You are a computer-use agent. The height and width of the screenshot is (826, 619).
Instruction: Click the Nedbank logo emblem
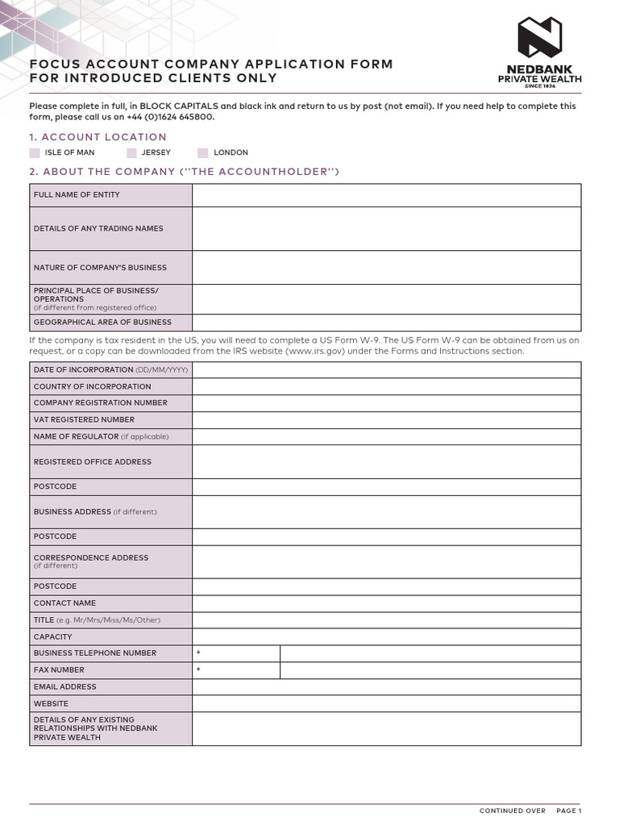tap(539, 38)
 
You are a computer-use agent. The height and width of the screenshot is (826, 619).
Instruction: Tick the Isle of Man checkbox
tap(34, 152)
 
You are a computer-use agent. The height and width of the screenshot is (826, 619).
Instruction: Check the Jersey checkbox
tap(131, 152)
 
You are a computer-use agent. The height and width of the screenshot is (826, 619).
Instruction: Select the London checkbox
tap(203, 152)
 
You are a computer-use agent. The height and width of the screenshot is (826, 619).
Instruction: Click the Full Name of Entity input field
tap(386, 195)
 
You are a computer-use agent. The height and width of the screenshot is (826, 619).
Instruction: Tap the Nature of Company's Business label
tap(100, 268)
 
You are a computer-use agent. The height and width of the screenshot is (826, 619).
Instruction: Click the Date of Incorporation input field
tap(386, 370)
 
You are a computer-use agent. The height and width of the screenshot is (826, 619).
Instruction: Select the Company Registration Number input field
tap(386, 403)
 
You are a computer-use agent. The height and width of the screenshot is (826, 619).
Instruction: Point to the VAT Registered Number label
tap(84, 419)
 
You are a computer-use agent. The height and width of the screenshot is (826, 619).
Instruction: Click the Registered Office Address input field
tap(386, 462)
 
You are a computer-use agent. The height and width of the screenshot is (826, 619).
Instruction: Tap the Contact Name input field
tap(386, 603)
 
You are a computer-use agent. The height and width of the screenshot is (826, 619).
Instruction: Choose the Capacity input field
tap(386, 637)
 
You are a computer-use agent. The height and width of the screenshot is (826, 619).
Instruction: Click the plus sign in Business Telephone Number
tap(198, 653)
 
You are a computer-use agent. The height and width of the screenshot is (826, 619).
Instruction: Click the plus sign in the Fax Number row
tap(198, 670)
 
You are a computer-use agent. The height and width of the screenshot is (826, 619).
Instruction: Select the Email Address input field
tap(386, 687)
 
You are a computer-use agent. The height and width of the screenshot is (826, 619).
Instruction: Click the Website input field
tap(386, 704)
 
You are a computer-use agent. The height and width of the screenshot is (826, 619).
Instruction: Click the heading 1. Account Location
tap(98, 137)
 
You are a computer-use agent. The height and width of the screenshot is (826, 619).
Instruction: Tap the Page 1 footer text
tap(568, 811)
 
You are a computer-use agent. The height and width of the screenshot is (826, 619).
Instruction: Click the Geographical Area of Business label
tap(102, 323)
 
